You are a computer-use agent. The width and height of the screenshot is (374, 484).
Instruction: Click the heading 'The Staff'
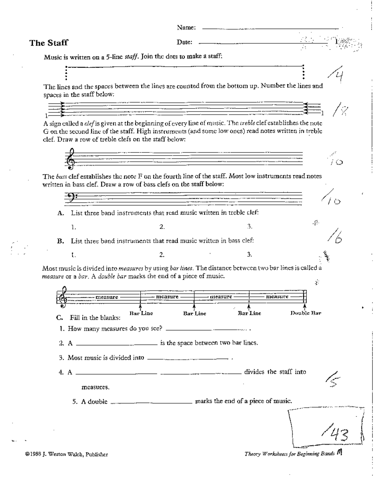click(x=49, y=43)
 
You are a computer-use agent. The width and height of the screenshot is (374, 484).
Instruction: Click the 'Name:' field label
click(x=186, y=27)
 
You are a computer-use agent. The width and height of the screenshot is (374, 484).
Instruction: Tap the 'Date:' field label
click(x=185, y=42)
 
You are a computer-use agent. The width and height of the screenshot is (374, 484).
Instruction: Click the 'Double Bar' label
click(x=305, y=313)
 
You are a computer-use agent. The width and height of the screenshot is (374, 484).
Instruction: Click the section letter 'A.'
click(x=60, y=213)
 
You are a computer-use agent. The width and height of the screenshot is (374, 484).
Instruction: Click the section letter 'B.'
click(x=60, y=241)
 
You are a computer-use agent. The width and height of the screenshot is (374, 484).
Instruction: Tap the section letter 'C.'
click(x=60, y=318)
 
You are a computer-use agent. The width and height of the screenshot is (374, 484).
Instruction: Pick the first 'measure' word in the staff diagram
click(x=107, y=297)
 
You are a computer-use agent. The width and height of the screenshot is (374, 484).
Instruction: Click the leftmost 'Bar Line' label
click(x=141, y=313)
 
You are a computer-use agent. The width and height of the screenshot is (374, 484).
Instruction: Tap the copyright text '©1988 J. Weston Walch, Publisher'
click(x=67, y=454)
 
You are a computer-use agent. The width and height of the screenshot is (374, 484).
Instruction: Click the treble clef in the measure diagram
click(x=64, y=298)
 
